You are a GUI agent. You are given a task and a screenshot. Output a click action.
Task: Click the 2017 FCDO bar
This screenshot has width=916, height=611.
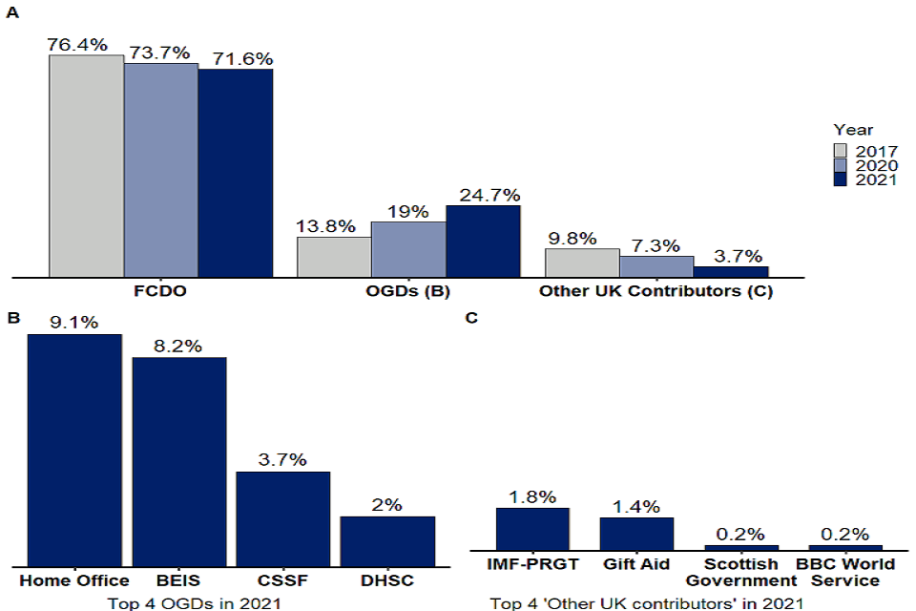pos(87,166)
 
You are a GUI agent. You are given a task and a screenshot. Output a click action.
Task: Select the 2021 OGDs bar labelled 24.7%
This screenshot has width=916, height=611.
pos(483,242)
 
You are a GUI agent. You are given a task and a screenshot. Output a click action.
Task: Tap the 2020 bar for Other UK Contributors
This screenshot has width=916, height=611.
pos(656,266)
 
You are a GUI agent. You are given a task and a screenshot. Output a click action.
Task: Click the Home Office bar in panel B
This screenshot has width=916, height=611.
pos(74,449)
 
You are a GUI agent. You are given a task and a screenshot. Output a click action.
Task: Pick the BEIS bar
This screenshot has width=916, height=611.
pos(178,460)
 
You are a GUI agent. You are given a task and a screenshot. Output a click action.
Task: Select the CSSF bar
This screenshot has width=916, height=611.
pos(283,517)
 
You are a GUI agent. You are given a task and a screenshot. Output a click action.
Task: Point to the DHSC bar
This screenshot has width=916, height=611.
pos(387,540)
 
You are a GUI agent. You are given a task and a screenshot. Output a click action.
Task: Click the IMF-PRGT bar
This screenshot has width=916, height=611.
pos(532,528)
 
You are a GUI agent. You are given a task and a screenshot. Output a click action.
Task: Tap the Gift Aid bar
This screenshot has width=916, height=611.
pos(636,533)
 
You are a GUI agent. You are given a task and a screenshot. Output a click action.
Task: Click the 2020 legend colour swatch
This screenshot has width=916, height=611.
pos(841,164)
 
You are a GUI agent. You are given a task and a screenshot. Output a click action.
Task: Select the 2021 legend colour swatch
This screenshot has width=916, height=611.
pos(841,179)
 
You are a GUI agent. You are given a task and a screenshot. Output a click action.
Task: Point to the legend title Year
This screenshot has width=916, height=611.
pos(852,130)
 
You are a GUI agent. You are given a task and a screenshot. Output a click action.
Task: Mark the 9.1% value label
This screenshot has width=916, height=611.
pos(74,323)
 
